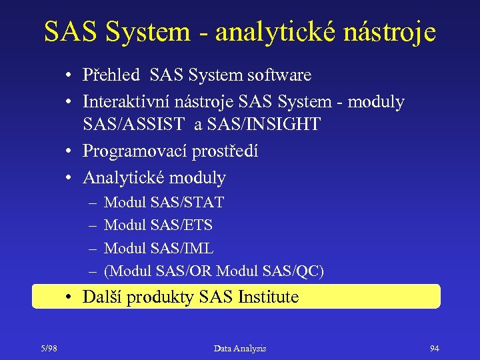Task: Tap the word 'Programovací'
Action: (135, 151)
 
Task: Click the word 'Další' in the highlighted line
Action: (102, 297)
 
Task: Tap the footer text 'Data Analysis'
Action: (240, 348)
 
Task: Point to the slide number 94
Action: (435, 348)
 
